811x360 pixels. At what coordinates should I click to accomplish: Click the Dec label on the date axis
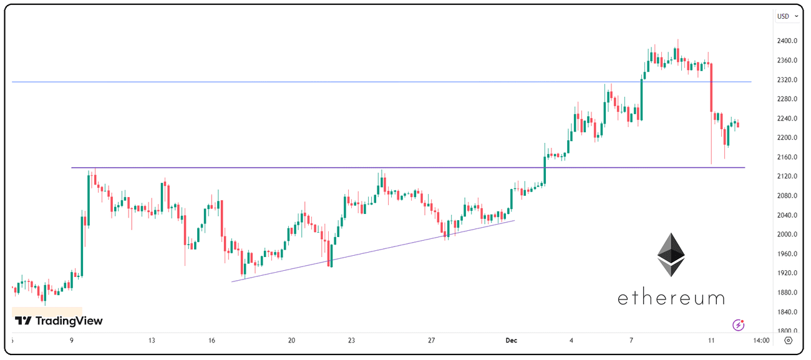click(x=512, y=341)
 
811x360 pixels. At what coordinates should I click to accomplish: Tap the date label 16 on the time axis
click(x=212, y=341)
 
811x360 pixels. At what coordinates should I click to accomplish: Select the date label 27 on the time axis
click(x=431, y=341)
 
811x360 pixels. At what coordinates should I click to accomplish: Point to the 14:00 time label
click(x=761, y=341)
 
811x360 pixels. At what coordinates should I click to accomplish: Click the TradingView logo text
click(x=59, y=321)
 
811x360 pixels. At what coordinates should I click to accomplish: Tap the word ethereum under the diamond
click(x=671, y=298)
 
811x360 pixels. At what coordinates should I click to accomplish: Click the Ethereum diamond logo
click(x=671, y=255)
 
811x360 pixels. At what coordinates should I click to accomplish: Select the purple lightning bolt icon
click(x=739, y=324)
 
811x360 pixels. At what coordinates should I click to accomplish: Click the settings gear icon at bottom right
click(x=789, y=341)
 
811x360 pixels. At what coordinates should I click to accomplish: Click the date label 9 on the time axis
click(x=72, y=341)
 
